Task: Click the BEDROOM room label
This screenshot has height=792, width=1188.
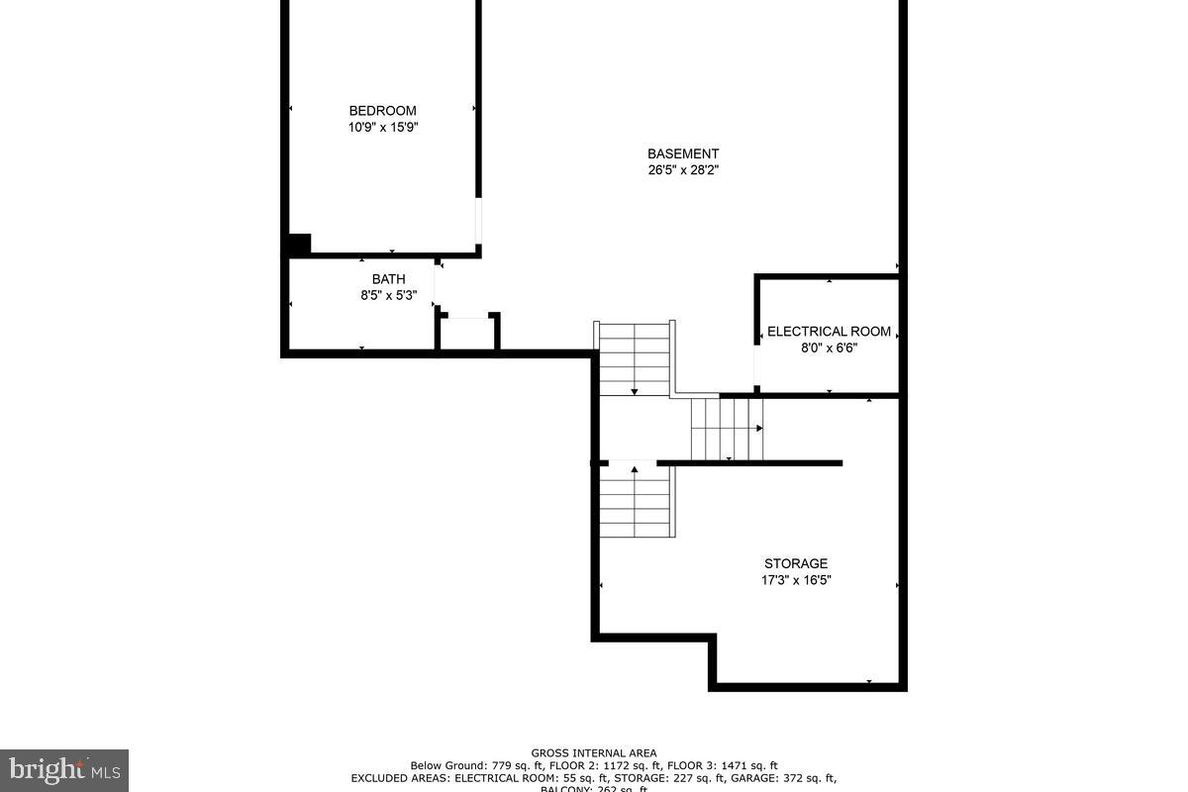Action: coord(382,111)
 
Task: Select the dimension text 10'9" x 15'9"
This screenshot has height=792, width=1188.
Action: coord(382,128)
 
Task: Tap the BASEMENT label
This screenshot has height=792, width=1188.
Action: coord(683,153)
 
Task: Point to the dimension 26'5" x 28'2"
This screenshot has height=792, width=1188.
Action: coord(683,170)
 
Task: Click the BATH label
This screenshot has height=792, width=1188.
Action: coord(388,279)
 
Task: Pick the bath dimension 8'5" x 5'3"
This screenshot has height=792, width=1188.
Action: coord(388,295)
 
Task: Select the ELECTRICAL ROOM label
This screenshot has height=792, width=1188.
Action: coord(829,332)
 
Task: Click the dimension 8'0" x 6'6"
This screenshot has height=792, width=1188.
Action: coord(829,348)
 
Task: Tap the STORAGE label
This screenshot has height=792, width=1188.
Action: coord(795,564)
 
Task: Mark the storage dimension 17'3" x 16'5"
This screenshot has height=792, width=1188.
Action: coord(795,581)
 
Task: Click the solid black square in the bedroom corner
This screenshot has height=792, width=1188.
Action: coord(298,245)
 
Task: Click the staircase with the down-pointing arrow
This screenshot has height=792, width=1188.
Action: coord(635,358)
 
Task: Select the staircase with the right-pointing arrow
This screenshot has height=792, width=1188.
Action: coord(727,429)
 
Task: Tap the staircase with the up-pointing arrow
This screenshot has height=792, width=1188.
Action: coord(635,499)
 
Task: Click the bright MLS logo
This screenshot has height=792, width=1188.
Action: coord(63,769)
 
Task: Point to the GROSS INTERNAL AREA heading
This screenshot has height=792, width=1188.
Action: coord(593,753)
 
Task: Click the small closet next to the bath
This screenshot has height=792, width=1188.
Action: coord(468,334)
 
